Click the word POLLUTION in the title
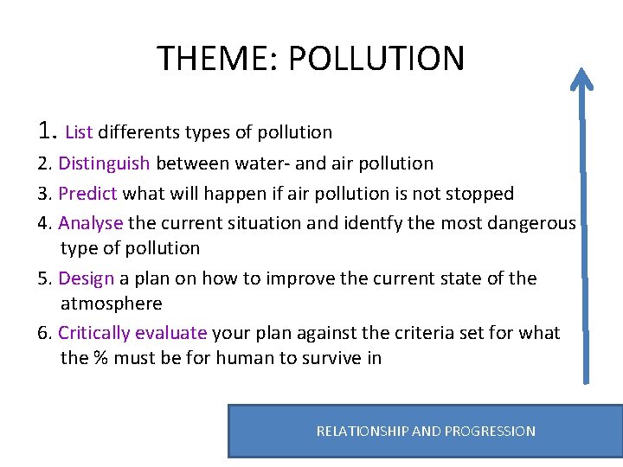(x=376, y=59)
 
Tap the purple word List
(x=79, y=132)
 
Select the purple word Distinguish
(x=104, y=163)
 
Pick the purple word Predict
(x=87, y=193)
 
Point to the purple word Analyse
(x=90, y=223)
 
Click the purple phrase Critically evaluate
(x=132, y=333)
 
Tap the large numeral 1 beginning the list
(x=47, y=130)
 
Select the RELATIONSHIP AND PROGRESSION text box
(x=425, y=431)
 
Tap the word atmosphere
(x=112, y=304)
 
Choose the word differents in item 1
(x=139, y=132)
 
